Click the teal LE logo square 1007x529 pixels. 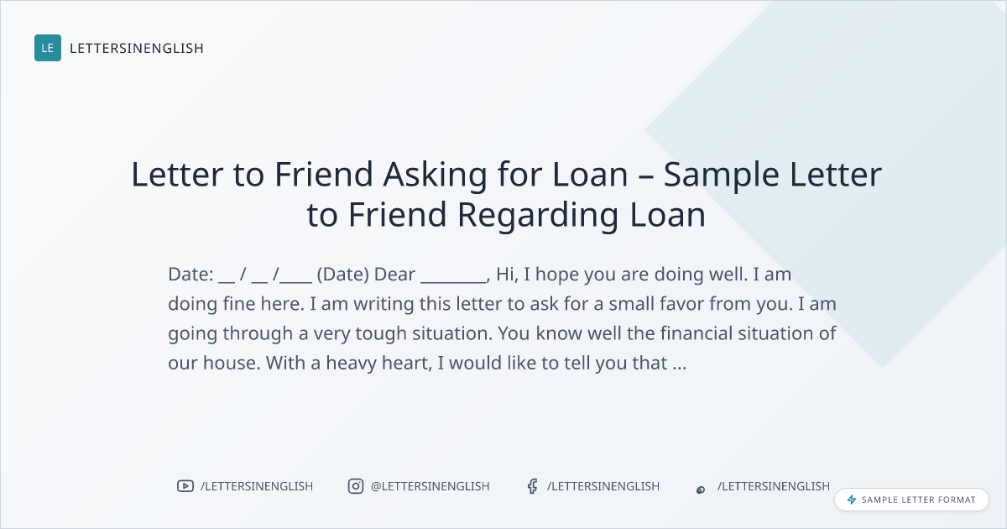48,48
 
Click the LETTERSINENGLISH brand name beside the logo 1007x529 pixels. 137,48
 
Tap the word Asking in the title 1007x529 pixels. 436,175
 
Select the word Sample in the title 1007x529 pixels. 721,175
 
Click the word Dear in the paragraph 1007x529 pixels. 394,274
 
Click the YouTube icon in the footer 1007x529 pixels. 185,486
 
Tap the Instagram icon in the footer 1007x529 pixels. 356,486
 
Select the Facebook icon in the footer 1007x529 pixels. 533,486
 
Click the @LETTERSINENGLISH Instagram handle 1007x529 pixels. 430,486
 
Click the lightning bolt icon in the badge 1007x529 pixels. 852,500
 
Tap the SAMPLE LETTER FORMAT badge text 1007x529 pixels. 918,500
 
